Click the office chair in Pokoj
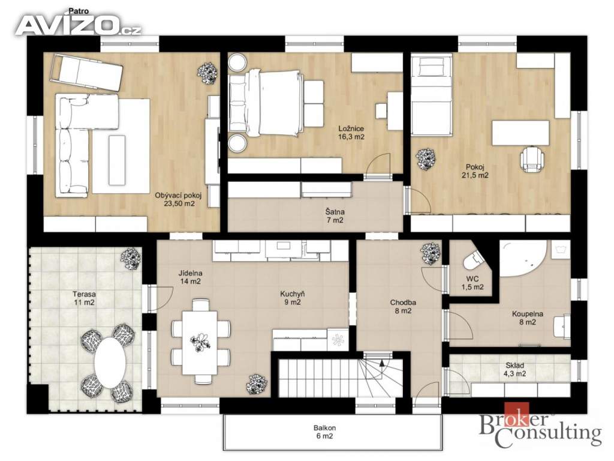[532, 158]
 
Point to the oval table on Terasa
[110, 362]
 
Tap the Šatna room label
[335, 216]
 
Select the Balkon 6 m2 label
[324, 432]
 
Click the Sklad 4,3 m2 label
[514, 370]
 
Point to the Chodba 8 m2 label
[403, 307]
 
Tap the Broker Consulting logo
[540, 426]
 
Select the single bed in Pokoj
[431, 95]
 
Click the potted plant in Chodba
[431, 254]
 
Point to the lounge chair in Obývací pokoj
[86, 73]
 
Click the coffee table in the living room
[117, 160]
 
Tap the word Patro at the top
[79, 11]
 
